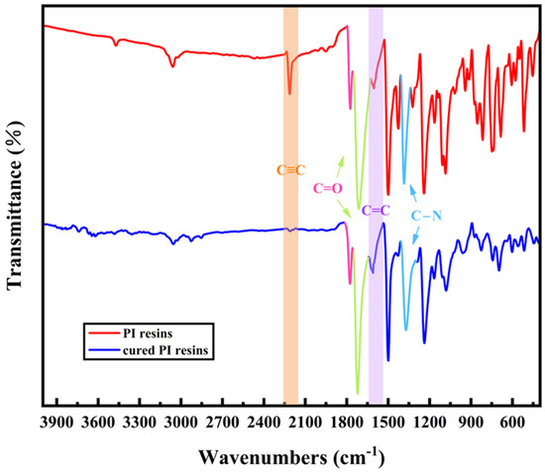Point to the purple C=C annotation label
376,210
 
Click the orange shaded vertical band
290,297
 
